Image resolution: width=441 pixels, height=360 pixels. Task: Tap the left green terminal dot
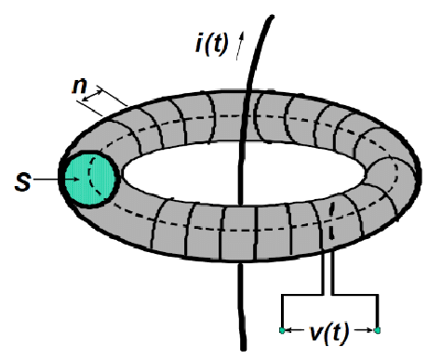(x=282, y=330)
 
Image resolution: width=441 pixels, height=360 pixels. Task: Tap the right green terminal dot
(x=379, y=330)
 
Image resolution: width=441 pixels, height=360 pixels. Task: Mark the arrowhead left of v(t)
(x=294, y=330)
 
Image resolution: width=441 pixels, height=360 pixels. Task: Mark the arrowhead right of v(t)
(x=367, y=330)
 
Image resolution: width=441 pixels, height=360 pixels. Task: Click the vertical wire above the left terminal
(x=282, y=312)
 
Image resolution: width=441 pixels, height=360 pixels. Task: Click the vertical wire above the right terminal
(x=379, y=312)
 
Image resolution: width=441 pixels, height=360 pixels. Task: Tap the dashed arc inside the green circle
(x=94, y=177)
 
